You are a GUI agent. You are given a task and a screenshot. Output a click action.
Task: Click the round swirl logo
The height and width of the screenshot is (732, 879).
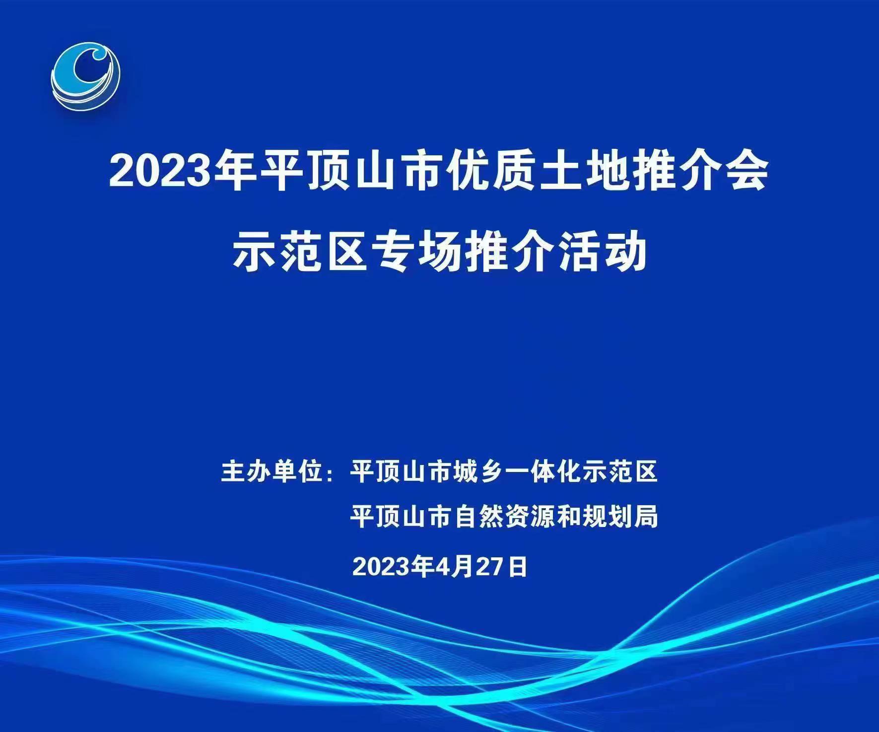[x=85, y=76]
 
